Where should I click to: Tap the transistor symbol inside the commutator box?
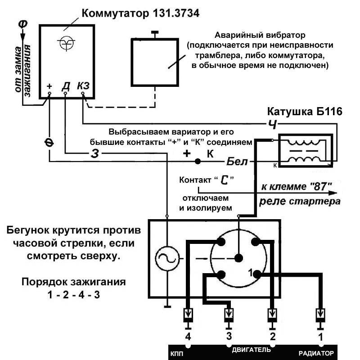66,43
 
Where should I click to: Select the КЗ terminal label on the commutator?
83,85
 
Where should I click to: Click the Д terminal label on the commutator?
66,86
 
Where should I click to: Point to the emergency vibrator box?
155,62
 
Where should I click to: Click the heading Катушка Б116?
305,112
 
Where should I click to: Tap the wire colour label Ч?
273,124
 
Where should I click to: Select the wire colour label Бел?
237,162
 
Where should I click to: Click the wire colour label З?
95,153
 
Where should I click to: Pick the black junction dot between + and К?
198,162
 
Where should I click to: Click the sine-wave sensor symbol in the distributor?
167,258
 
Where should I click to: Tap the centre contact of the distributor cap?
239,258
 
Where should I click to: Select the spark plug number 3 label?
229,336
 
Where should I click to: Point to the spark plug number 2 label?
273,337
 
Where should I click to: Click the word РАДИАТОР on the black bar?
316,353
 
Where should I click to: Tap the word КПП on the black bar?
177,354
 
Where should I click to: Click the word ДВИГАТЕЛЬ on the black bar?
251,350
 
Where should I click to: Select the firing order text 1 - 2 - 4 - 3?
74,295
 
